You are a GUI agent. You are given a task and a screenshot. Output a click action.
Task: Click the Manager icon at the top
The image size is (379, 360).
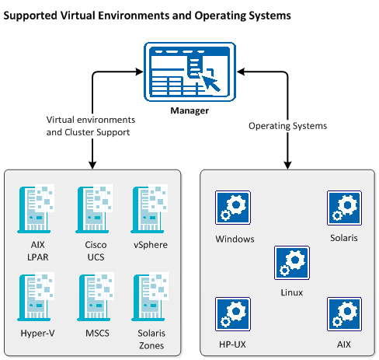pos(189,72)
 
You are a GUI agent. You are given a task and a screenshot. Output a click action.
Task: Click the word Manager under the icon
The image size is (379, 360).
pos(189,111)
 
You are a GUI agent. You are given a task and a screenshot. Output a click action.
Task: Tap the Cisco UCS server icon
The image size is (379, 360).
pos(92,208)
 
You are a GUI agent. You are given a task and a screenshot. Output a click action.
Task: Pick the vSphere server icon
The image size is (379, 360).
pos(150,208)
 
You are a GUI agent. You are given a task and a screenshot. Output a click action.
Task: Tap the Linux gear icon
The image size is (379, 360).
pos(290,263)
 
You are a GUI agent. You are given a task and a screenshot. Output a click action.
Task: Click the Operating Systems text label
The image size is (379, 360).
pos(287,125)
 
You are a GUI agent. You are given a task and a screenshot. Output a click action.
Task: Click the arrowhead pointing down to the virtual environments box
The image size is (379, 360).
pos(92,163)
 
